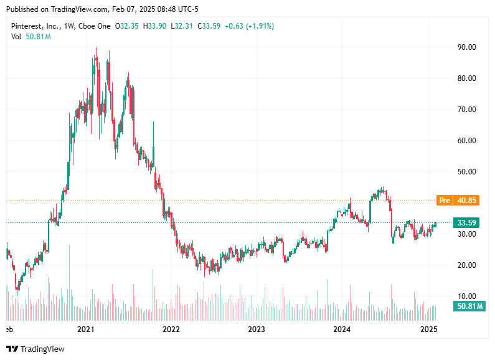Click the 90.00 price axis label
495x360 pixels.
(467, 47)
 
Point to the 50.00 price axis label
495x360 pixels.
(467, 172)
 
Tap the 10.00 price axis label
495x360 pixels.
(467, 296)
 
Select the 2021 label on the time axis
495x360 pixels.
(85, 329)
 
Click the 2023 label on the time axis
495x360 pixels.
(257, 329)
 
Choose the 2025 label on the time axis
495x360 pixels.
(428, 329)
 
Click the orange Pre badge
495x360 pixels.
(445, 201)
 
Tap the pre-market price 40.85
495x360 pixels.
(467, 201)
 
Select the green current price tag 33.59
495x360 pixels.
(467, 222)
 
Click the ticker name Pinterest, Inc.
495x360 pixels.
(35, 26)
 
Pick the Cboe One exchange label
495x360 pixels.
(95, 26)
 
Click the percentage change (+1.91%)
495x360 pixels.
(259, 26)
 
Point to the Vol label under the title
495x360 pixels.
(17, 37)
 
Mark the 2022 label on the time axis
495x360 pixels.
(171, 329)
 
